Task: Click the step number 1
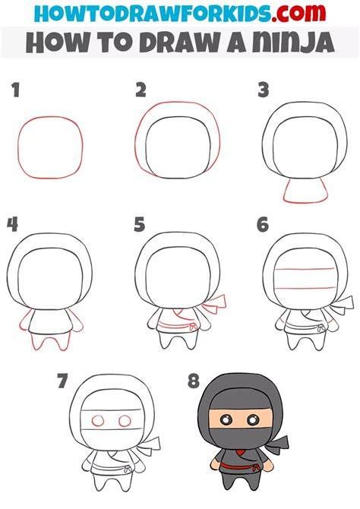pos(16,90)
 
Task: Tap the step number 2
pos(141,90)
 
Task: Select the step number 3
pos(264,90)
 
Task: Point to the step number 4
pos(12,225)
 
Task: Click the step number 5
pos(140,225)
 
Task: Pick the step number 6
pos(263,225)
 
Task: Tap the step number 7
pos(62,381)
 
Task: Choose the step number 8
pos(194,381)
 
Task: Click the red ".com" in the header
pos(298,13)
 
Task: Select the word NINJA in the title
pos(293,43)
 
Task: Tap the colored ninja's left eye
pos(226,419)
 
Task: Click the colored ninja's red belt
pos(239,468)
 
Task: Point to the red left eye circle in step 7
pos(98,421)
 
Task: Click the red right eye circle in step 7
pos(125,421)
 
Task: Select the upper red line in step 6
pos(305,269)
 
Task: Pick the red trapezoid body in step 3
pos(305,193)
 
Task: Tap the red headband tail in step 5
pos(214,304)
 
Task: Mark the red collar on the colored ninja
pos(240,452)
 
